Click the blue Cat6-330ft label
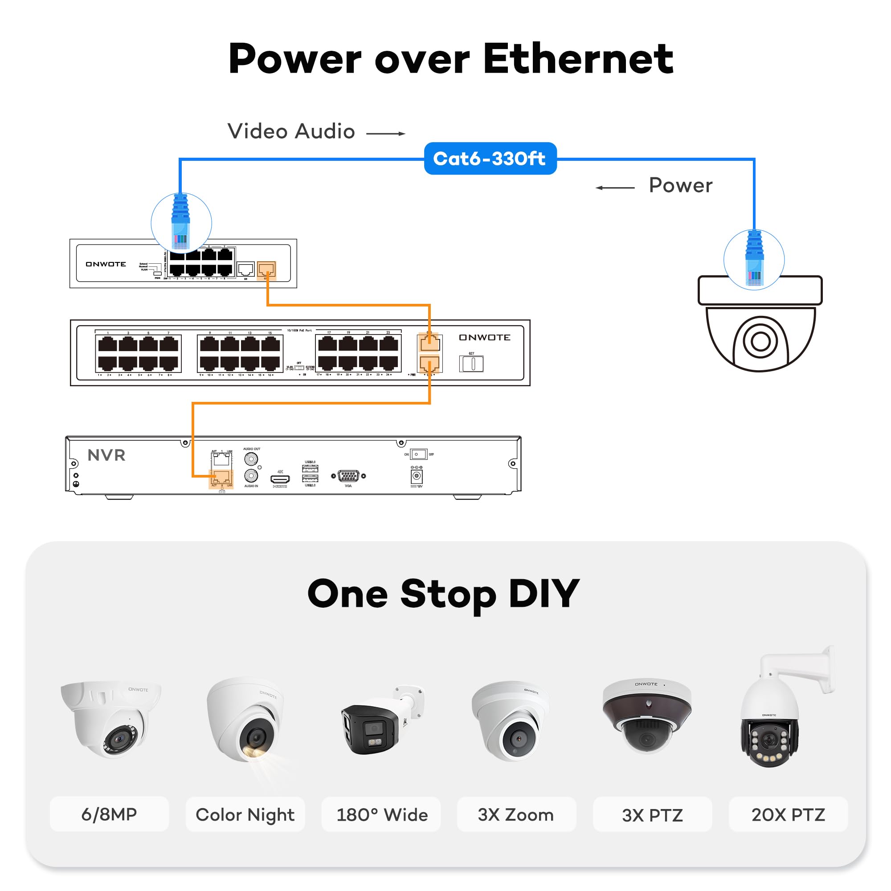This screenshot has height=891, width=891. [490, 159]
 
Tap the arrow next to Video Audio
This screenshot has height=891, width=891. [385, 134]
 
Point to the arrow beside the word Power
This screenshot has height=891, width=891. [615, 188]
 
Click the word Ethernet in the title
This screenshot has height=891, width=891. [578, 59]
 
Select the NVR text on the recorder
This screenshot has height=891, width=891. [106, 455]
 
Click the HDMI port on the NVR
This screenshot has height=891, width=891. [280, 480]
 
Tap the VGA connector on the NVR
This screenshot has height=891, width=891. [348, 476]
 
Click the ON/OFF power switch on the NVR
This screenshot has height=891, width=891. [418, 454]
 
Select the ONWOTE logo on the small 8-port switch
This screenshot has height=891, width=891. [106, 264]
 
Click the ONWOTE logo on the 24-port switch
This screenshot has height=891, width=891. [484, 338]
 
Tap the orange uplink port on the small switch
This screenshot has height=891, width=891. [266, 269]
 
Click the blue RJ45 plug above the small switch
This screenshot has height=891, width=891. [181, 221]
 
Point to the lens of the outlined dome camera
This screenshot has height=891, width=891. [760, 342]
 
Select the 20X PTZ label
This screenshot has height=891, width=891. [788, 815]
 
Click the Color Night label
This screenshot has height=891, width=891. [245, 815]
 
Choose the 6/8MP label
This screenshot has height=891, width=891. [109, 814]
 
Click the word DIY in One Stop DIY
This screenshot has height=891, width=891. [544, 594]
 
